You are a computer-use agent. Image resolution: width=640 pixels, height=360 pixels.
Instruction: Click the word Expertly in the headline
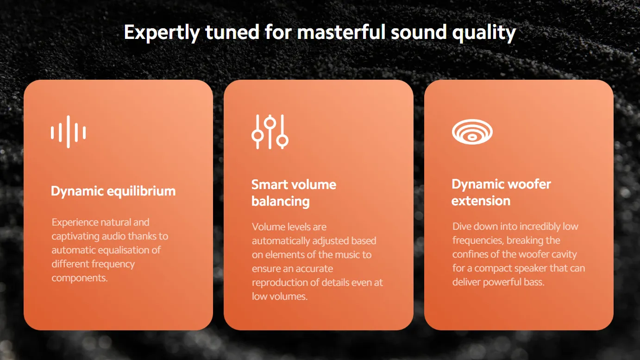162,32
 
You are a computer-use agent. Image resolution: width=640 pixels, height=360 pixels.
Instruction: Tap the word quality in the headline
484,32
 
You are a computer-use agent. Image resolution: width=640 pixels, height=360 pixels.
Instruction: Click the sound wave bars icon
68,132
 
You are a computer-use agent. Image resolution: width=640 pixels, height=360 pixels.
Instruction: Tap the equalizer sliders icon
270,132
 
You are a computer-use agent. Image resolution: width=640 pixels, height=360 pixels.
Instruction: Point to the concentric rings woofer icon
472,132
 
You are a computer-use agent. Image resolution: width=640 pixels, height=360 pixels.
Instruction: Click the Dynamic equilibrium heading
113,191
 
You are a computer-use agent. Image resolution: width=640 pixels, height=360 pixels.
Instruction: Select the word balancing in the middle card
281,201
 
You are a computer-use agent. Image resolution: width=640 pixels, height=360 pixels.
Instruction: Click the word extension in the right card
481,201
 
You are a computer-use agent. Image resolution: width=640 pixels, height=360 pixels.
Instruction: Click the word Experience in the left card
75,223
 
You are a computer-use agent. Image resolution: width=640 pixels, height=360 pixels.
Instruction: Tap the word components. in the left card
80,278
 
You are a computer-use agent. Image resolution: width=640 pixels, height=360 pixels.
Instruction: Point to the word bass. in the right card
534,282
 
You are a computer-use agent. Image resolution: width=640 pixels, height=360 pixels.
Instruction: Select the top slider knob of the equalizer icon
270,123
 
